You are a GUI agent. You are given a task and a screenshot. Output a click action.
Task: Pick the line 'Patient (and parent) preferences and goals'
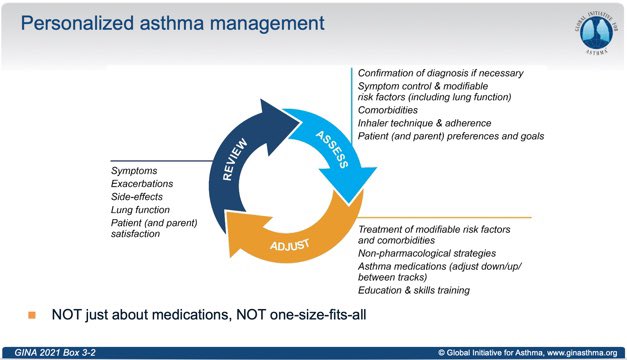click(x=451, y=136)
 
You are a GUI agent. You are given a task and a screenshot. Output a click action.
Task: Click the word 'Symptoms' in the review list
click(x=134, y=171)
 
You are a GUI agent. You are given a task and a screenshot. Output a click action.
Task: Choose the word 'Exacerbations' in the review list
click(x=143, y=184)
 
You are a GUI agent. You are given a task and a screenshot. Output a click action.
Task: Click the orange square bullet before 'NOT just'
click(x=32, y=315)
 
